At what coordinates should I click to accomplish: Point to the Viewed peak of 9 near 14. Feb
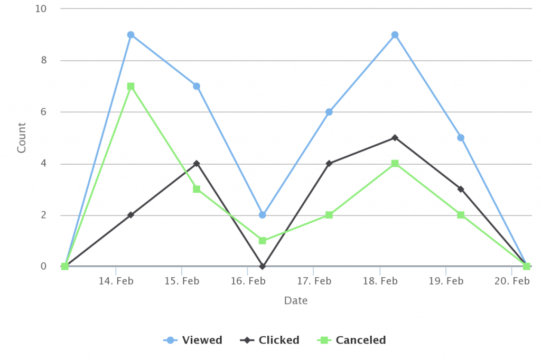tap(130, 35)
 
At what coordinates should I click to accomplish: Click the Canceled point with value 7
tap(130, 86)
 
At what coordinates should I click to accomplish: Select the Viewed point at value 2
tap(263, 215)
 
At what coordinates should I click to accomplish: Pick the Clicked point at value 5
tap(395, 138)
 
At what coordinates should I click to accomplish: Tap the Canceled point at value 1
tap(263, 241)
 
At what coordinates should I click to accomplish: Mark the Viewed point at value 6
tap(329, 112)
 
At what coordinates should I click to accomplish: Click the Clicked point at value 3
tap(461, 189)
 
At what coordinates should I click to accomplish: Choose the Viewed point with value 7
tap(197, 86)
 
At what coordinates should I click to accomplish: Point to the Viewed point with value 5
tap(461, 138)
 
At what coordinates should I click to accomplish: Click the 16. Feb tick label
tap(248, 281)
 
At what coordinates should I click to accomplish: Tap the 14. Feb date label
tap(116, 281)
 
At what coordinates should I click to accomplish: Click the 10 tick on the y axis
tap(41, 9)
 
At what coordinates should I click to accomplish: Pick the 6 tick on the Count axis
tap(43, 112)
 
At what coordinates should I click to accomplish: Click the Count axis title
tap(22, 138)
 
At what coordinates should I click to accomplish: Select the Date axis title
tap(296, 301)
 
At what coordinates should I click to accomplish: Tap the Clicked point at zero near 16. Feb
tap(263, 267)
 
